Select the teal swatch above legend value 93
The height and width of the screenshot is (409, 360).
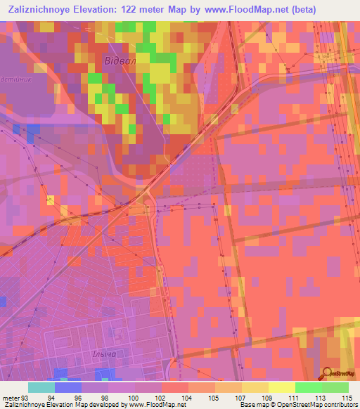click(x=41, y=387)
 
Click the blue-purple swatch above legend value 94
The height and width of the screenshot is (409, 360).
click(x=68, y=387)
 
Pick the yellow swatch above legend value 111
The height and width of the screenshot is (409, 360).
click(x=282, y=387)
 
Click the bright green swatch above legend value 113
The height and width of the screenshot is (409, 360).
click(x=309, y=387)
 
